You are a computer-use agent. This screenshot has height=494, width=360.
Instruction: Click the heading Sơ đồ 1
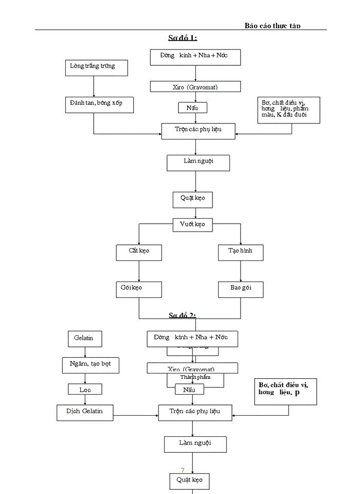pyautogui.click(x=183, y=38)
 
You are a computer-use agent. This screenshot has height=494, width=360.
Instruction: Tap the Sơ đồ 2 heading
pyautogui.click(x=183, y=315)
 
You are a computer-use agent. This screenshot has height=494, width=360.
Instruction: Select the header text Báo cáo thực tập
pyautogui.click(x=272, y=25)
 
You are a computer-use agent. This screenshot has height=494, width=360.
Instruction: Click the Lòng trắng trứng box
pyautogui.click(x=97, y=67)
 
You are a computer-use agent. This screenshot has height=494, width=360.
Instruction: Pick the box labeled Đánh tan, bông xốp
pyautogui.click(x=100, y=104)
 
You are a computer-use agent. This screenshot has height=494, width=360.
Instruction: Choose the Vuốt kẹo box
pyautogui.click(x=192, y=224)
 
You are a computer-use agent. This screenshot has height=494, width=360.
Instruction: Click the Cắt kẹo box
pyautogui.click(x=139, y=252)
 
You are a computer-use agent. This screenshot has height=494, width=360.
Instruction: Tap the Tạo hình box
pyautogui.click(x=240, y=252)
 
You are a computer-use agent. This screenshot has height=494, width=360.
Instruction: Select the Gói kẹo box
pyautogui.click(x=139, y=289)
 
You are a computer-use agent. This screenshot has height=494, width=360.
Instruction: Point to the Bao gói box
pyautogui.click(x=240, y=289)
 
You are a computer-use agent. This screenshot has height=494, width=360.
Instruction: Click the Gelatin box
pyautogui.click(x=84, y=339)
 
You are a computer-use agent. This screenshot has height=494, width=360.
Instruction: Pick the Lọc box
pyautogui.click(x=85, y=390)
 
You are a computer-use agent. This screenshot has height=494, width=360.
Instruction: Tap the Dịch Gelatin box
pyautogui.click(x=85, y=412)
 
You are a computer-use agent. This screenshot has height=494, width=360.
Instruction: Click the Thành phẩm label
pyautogui.click(x=195, y=377)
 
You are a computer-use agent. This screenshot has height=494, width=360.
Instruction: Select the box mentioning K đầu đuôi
pyautogui.click(x=289, y=110)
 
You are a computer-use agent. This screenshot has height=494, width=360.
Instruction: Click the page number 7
pyautogui.click(x=183, y=470)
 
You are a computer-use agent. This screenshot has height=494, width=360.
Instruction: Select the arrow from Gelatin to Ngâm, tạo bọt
pyautogui.click(x=85, y=352)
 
